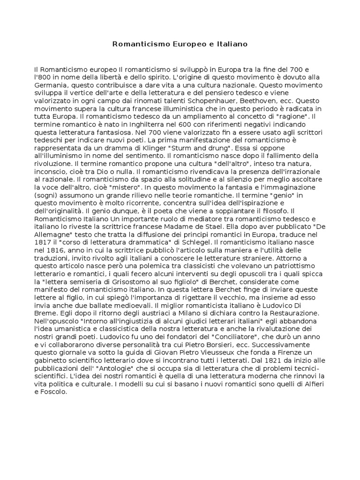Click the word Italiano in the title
[x=230, y=44]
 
